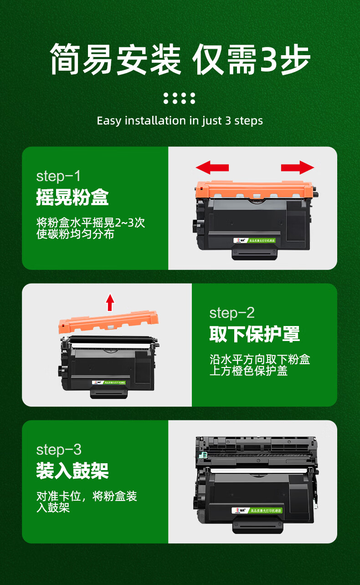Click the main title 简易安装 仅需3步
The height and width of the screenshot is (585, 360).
coord(180,59)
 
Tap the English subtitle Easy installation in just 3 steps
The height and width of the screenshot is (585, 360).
coord(180,121)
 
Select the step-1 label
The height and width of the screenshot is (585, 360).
coord(58,176)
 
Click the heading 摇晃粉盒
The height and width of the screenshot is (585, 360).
coord(72,198)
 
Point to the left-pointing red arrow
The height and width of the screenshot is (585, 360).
coord(212,167)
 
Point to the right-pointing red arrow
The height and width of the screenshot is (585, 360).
coord(298,167)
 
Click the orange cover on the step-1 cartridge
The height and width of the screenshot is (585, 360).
coord(254,189)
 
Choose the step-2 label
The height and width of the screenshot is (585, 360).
coord(232,313)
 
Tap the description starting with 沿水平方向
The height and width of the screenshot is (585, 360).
coord(259,365)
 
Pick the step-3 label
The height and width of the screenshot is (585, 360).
coord(59,450)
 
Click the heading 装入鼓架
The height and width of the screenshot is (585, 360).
coord(72,471)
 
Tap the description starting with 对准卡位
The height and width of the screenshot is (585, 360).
coord(87,502)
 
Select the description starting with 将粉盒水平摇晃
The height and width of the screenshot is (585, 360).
coord(91,228)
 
